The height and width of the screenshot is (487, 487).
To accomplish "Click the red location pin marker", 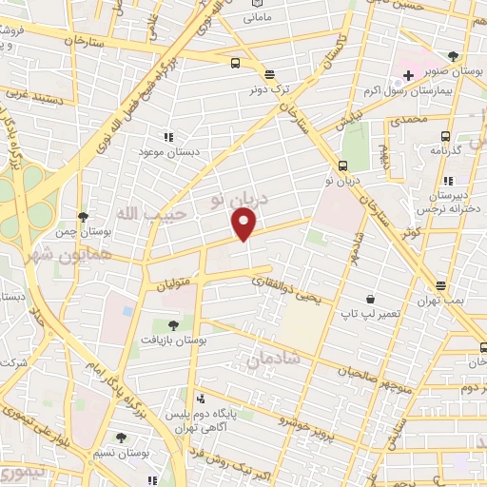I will click(x=244, y=224).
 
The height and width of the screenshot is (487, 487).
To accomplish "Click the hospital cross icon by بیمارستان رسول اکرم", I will click(x=408, y=74).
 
